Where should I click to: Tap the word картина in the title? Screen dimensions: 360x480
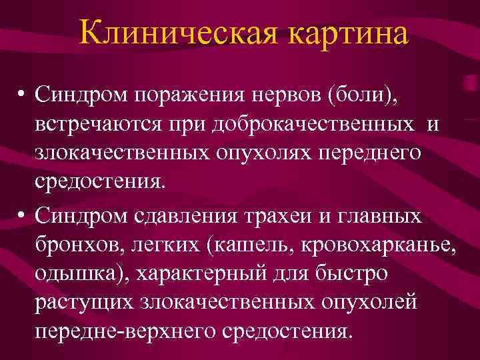pyautogui.click(x=347, y=33)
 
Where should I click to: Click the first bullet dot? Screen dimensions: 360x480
pyautogui.click(x=22, y=96)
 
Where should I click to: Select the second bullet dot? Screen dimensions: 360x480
pyautogui.click(x=22, y=215)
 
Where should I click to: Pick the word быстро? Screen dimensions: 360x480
pyautogui.click(x=367, y=274)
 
